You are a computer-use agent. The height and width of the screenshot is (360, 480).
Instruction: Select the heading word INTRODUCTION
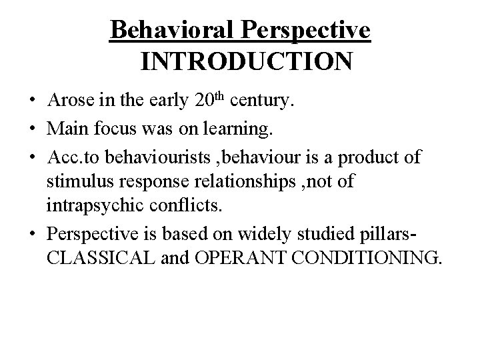click(247, 61)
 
